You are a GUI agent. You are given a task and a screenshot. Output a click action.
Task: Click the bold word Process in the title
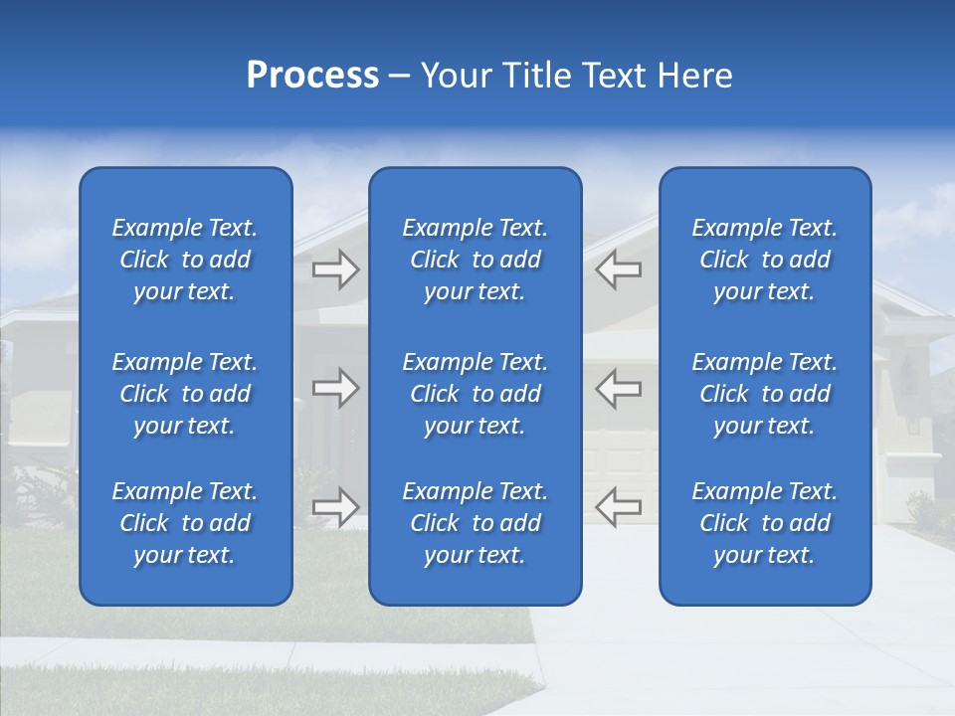312,77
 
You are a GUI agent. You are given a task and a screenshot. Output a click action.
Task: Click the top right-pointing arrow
335,269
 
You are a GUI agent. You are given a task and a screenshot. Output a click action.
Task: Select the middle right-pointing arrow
335,388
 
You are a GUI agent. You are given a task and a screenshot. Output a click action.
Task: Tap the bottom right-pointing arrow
335,506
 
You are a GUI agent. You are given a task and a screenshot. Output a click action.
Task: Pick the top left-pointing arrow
619,269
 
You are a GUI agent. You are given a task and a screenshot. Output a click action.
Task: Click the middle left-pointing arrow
619,388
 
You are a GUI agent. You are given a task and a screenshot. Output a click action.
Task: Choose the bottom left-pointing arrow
619,506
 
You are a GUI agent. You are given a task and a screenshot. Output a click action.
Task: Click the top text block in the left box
185,260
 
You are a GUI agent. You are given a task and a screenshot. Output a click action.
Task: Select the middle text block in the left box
185,394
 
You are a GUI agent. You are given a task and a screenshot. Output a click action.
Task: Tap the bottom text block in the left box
185,523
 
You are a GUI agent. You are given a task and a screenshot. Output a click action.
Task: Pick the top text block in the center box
476,260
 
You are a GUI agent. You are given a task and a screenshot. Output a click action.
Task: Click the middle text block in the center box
476,394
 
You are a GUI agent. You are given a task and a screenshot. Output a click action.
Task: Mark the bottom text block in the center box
476,523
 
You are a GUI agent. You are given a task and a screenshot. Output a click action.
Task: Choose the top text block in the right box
765,260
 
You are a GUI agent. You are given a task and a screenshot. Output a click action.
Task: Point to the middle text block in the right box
765,394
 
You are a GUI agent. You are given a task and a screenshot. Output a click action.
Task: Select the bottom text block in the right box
765,523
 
